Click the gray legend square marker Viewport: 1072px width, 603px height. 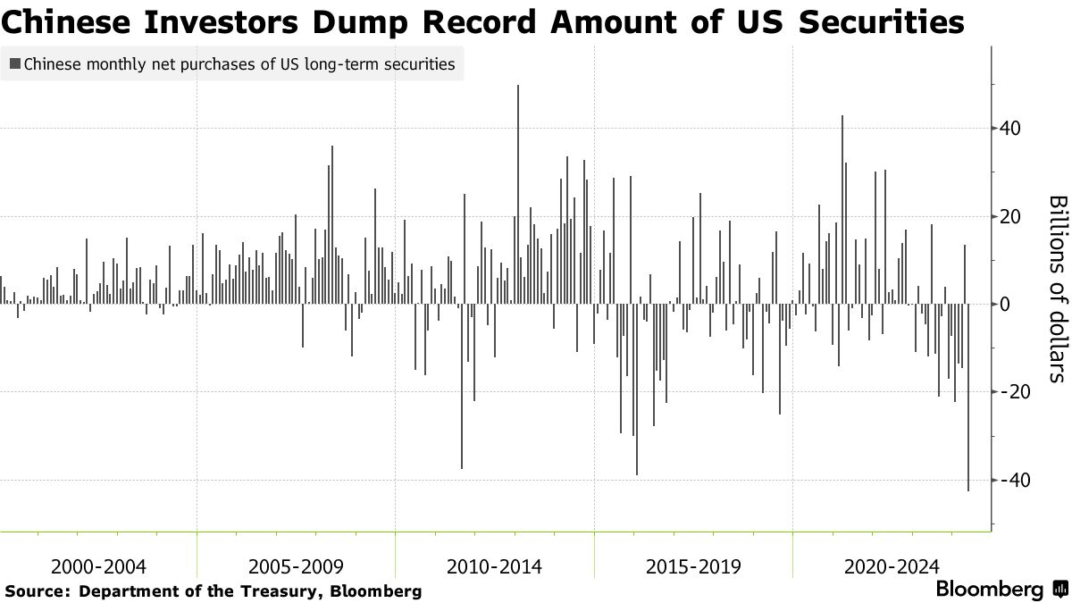[x=15, y=64]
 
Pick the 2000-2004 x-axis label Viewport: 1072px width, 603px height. [x=98, y=566]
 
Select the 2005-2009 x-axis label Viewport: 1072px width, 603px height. [x=296, y=566]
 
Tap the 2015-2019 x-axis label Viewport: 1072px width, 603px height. [x=693, y=566]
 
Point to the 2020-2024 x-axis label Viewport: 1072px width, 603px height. [x=892, y=566]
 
